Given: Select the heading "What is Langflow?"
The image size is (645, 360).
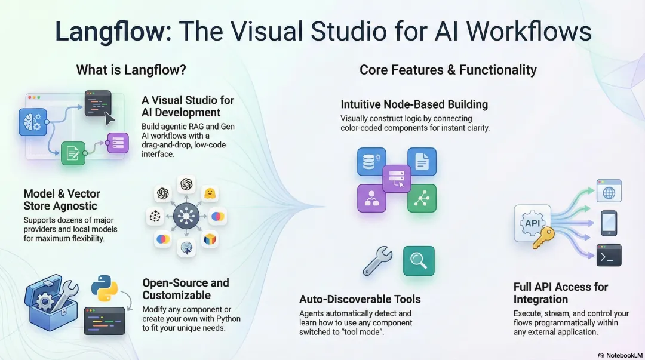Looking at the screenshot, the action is pos(131,70).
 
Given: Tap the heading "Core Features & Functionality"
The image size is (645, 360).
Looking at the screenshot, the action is pos(448,70).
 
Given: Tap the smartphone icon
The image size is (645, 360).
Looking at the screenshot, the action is pos(609,223).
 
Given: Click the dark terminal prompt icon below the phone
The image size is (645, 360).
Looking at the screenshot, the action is pos(609,255).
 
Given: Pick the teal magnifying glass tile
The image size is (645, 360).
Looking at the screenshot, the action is pos(419,261).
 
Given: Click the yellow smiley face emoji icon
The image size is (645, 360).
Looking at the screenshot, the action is pos(210,193).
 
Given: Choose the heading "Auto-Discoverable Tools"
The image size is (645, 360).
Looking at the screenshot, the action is pos(360,299).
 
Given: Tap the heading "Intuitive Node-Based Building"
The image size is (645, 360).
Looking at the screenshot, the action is pos(414,104).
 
